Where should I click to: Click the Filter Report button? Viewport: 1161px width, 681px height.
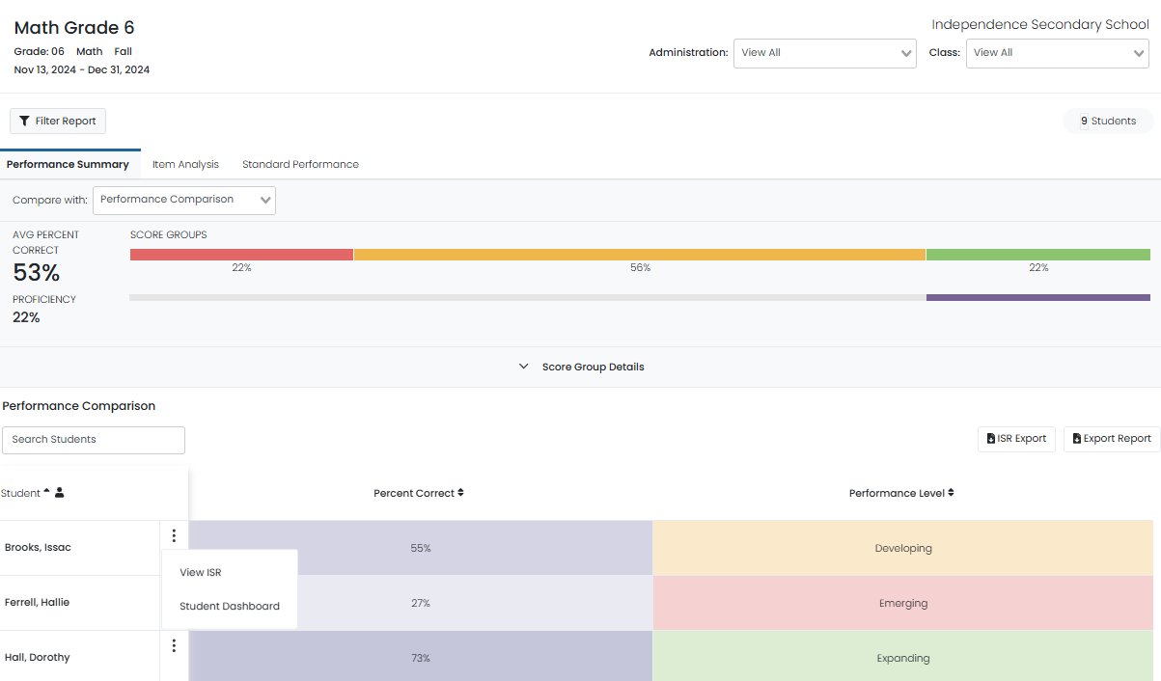point(58,122)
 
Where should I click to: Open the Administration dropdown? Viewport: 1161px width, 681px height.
point(824,53)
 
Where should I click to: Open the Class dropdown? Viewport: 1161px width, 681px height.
point(1057,53)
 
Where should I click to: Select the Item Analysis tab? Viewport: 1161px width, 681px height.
point(185,165)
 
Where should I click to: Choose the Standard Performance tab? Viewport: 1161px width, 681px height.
point(300,165)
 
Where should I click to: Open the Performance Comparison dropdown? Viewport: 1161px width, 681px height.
point(184,200)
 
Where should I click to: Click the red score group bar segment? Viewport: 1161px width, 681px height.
point(241,255)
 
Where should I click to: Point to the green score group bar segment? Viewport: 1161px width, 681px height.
point(1037,255)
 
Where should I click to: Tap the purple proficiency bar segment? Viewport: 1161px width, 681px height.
point(1037,298)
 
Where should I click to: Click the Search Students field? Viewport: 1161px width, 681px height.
point(94,440)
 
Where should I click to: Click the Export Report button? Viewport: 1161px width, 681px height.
point(1112,439)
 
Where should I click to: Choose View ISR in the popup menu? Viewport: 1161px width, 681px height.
point(201,573)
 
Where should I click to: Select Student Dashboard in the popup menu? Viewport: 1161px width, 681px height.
point(230,607)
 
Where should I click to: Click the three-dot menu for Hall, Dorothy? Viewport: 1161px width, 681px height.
point(174,646)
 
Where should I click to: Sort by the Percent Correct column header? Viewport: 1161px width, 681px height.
point(419,493)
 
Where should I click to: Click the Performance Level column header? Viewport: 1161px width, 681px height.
point(901,493)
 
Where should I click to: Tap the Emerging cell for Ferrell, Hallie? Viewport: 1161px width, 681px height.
point(902,604)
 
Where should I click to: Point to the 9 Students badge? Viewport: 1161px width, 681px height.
point(1108,122)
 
